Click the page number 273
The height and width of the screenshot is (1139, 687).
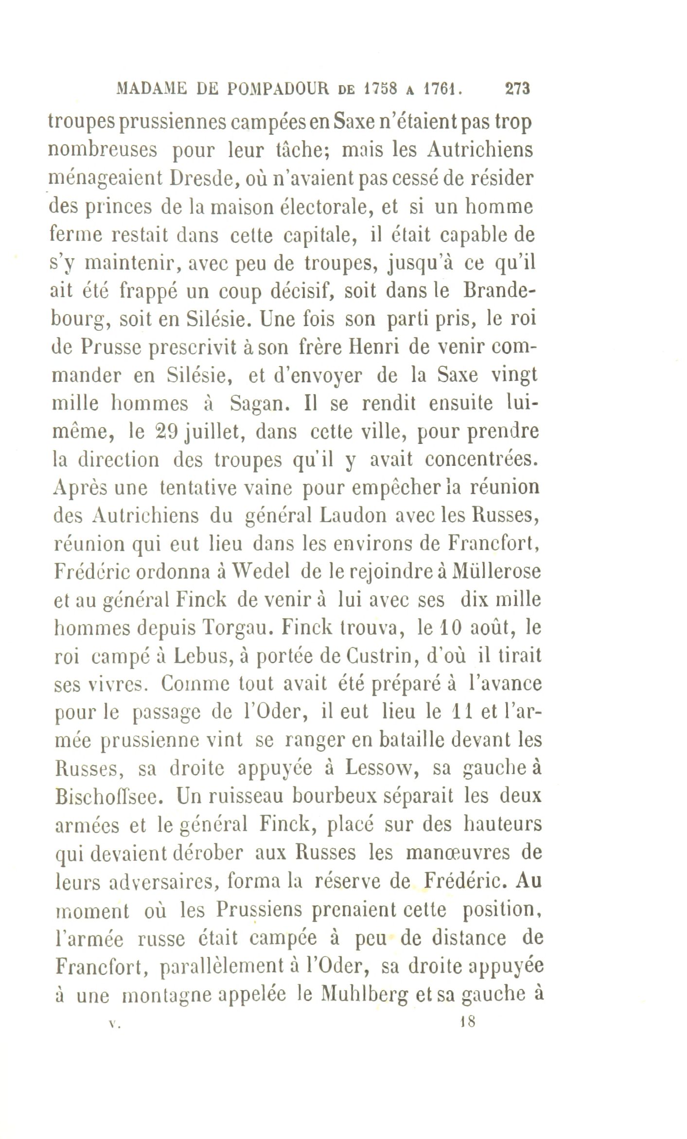[x=517, y=89]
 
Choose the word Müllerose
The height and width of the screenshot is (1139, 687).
[x=496, y=572]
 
